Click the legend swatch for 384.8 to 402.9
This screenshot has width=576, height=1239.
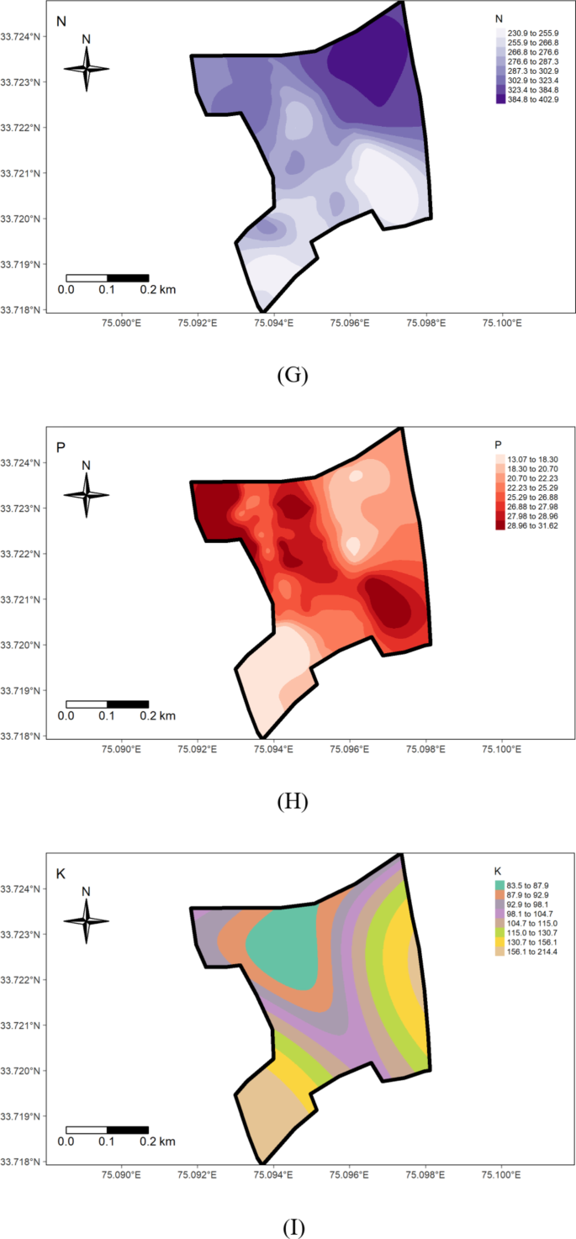tap(501, 98)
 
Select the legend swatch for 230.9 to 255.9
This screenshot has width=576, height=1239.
tap(501, 31)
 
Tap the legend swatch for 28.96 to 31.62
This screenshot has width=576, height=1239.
tap(501, 525)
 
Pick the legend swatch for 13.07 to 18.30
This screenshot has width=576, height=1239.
tap(501, 458)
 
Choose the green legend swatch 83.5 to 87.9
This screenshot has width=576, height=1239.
tap(501, 885)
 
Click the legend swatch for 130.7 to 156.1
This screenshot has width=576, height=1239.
tap(501, 942)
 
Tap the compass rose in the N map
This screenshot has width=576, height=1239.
tap(87, 69)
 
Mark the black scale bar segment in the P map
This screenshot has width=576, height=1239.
tap(128, 704)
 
